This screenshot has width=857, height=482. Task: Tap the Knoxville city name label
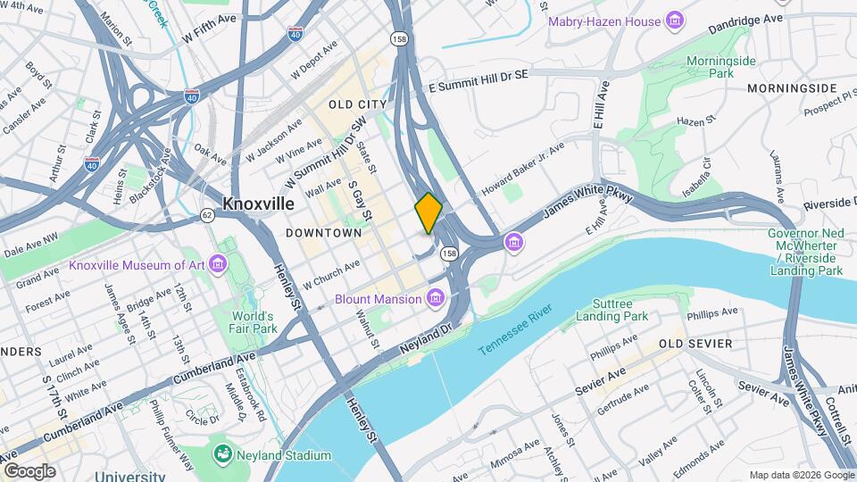point(258,204)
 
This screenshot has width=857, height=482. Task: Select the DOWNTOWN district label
point(323,233)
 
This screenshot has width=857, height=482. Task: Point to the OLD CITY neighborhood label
point(358,104)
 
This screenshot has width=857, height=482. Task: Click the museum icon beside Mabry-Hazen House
point(675,21)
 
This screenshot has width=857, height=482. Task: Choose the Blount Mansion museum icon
point(436,297)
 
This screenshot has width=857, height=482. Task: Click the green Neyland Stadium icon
point(222,455)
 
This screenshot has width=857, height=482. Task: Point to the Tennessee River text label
point(515,330)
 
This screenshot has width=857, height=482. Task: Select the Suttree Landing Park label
point(612,310)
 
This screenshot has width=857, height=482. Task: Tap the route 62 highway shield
point(207,215)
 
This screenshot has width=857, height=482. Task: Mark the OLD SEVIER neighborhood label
point(695,344)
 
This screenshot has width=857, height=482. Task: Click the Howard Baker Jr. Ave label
point(523,170)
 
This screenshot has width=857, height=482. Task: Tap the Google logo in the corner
point(29,470)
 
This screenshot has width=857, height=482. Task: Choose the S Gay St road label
point(360,201)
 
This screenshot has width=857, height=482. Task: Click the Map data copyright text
point(801,475)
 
